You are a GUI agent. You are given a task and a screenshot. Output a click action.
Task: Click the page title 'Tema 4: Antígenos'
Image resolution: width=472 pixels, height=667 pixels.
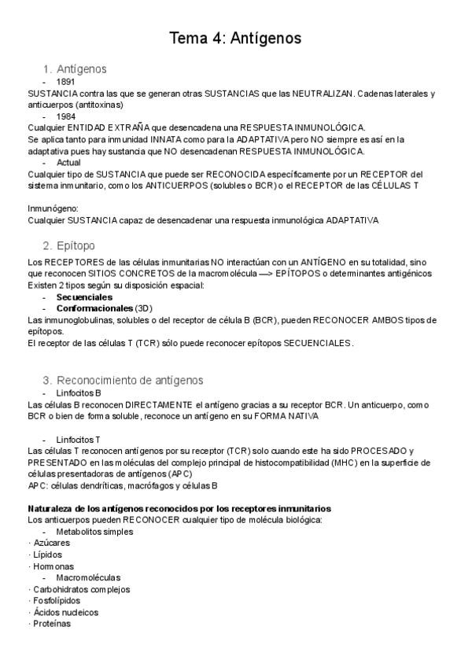coord(236,37)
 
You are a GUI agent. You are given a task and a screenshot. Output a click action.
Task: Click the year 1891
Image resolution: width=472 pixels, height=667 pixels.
coord(66,82)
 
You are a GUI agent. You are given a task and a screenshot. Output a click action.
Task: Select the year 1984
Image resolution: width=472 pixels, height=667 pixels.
coord(66,116)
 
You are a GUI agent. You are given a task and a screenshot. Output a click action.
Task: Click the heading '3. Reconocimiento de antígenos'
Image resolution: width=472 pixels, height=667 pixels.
coord(123,380)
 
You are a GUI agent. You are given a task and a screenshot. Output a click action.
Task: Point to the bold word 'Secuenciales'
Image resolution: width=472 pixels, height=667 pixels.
coord(84,297)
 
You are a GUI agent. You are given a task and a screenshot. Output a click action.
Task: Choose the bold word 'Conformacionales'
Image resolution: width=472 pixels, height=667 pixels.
coord(94,308)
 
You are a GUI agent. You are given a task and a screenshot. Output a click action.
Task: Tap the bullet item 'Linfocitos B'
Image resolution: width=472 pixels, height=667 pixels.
coord(79,392)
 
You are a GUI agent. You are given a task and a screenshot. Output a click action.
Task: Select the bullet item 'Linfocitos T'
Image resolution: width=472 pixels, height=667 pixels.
coord(79,438)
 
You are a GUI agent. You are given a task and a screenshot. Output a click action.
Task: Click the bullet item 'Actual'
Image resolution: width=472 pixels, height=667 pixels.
coord(68,162)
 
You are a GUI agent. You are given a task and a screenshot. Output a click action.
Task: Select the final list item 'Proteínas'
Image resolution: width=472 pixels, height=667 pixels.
coord(50,623)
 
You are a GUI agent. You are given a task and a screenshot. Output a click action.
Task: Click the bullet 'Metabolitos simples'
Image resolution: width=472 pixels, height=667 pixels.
coord(94,531)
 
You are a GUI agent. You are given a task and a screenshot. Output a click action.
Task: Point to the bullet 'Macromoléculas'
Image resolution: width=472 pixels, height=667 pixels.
coord(88,577)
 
